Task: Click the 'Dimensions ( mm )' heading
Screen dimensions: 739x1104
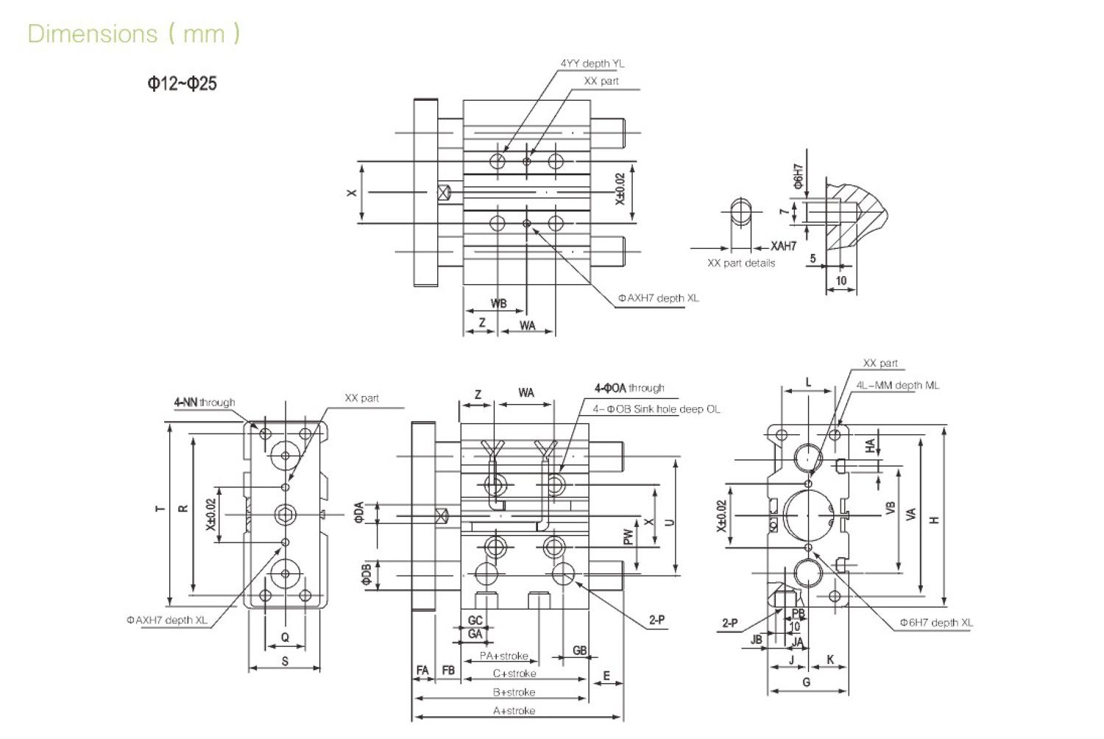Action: (x=133, y=34)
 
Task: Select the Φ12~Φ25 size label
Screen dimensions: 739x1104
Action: (x=182, y=83)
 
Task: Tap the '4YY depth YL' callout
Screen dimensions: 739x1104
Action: (x=592, y=63)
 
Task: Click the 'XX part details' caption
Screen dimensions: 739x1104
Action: (x=740, y=263)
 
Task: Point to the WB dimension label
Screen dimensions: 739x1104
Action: (x=498, y=303)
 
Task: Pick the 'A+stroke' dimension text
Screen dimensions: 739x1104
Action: (x=514, y=710)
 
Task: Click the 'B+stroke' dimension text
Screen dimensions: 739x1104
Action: (x=514, y=692)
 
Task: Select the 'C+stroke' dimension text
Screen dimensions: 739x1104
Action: (x=514, y=673)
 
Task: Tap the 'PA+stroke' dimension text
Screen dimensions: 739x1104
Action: (x=503, y=656)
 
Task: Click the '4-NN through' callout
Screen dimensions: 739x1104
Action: (x=205, y=403)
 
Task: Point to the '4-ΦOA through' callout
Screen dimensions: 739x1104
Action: (x=629, y=388)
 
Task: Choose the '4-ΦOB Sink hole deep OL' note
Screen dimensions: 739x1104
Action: (x=657, y=409)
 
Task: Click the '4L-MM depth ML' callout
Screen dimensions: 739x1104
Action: (x=897, y=385)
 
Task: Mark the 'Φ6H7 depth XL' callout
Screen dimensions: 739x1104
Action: (x=935, y=623)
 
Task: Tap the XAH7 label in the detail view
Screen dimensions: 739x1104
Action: (x=783, y=246)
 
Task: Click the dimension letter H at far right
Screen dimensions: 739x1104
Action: (x=935, y=520)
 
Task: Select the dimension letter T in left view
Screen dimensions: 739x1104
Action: (x=160, y=509)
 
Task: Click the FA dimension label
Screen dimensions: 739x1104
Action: (x=422, y=671)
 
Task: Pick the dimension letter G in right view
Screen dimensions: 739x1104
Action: (x=807, y=682)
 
